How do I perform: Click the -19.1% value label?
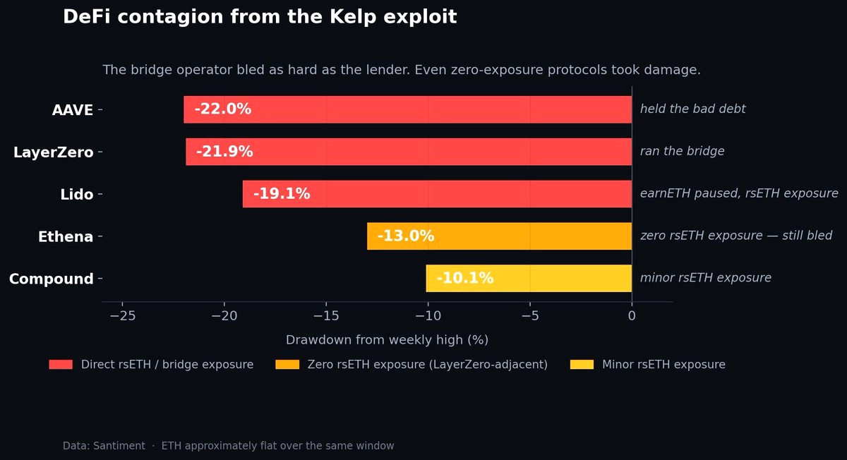282,194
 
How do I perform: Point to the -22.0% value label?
222,109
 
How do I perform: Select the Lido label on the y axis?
76,195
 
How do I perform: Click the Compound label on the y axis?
51,279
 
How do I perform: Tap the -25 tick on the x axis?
123,316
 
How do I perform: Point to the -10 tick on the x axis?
428,316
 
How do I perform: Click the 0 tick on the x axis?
632,316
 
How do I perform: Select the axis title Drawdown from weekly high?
387,340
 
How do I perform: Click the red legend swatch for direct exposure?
61,365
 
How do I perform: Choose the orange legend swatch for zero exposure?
287,365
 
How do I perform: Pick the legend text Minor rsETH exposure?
663,365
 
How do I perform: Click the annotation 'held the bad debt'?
692,109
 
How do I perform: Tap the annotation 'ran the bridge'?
682,152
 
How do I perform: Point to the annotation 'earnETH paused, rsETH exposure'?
739,194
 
